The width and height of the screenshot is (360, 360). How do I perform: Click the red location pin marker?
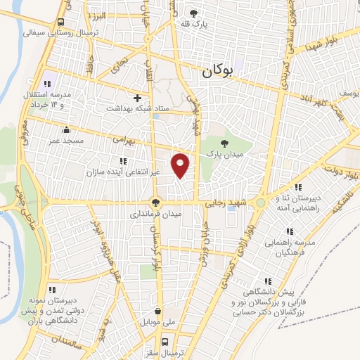click(x=181, y=165)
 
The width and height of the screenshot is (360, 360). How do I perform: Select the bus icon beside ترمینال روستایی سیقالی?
click(x=61, y=22)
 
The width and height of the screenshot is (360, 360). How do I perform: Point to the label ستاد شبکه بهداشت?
click(x=138, y=108)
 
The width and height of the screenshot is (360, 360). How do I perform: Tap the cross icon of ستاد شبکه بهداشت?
click(x=138, y=98)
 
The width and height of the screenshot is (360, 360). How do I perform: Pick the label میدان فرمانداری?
click(x=156, y=213)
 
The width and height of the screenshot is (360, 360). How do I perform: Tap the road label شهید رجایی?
click(x=224, y=202)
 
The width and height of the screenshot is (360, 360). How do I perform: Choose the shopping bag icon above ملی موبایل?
click(x=156, y=311)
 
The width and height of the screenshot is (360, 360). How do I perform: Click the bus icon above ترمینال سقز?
click(x=165, y=342)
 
